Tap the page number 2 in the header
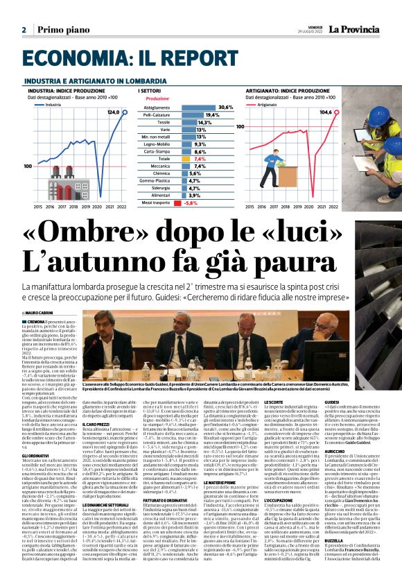[x=24, y=30]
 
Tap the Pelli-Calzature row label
[x=161, y=114]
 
